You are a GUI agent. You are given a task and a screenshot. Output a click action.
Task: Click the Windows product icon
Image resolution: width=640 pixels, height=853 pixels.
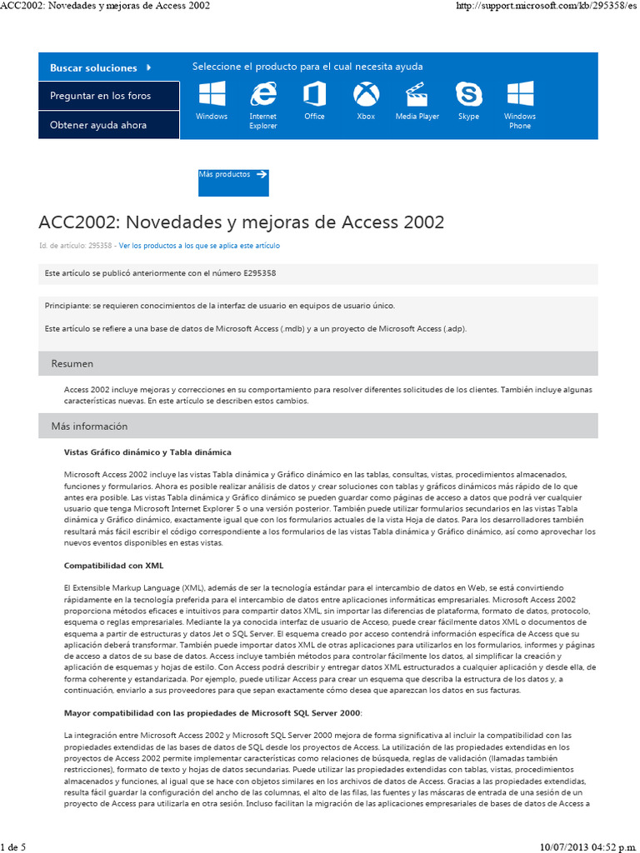(212, 93)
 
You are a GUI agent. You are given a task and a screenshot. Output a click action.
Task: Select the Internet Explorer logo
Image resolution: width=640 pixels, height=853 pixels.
(263, 93)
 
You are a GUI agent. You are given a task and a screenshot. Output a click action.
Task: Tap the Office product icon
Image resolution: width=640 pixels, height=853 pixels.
(314, 93)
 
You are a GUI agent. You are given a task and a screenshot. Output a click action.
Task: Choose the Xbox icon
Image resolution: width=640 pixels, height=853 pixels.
(366, 93)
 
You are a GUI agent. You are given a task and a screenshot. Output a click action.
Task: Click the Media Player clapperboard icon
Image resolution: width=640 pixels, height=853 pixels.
(417, 93)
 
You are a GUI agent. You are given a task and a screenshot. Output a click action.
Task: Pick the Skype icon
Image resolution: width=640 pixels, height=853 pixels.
(468, 93)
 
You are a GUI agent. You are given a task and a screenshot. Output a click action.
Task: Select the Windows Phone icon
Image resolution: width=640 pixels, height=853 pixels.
(520, 93)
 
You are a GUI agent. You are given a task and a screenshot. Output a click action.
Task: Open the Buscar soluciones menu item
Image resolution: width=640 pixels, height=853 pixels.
(101, 67)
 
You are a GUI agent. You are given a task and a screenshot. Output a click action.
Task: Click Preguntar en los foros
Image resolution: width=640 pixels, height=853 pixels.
(101, 96)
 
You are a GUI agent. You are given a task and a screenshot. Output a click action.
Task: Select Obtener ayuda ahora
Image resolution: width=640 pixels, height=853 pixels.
(98, 125)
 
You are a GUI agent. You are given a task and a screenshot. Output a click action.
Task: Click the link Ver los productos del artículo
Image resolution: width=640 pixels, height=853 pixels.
(199, 246)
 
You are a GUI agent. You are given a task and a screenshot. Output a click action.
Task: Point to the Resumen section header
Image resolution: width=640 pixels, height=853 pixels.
(72, 364)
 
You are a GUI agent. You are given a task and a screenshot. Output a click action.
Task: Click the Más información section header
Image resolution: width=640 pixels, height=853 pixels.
(89, 426)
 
